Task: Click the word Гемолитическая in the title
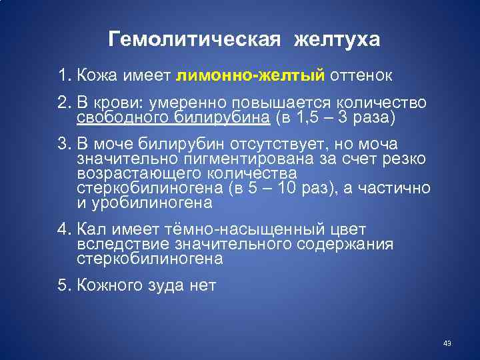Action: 191,40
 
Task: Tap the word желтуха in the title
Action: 336,40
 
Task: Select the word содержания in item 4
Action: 342,244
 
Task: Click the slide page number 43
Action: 447,343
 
